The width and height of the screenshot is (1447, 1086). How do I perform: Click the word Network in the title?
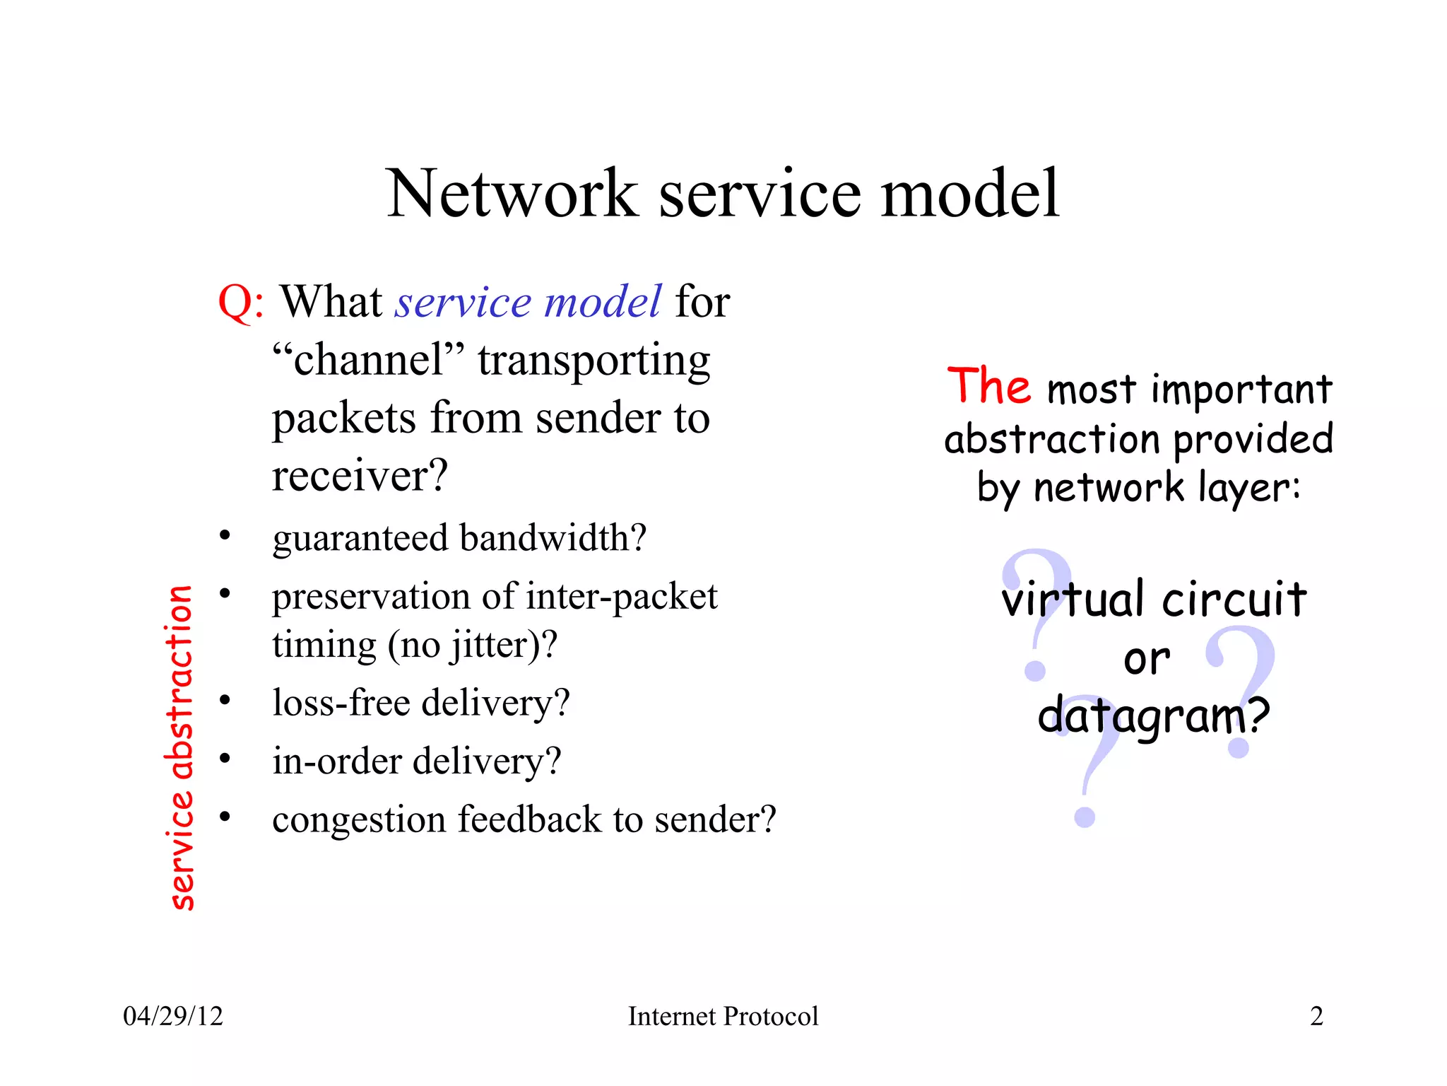coord(512,194)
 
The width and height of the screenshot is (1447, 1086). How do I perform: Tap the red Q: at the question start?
coord(241,303)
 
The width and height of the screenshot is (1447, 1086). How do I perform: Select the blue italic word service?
coord(462,303)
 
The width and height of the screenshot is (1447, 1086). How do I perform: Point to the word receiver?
coord(360,475)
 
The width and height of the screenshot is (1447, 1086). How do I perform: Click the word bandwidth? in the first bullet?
coord(553,538)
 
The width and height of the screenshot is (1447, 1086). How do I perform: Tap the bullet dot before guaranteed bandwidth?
coord(225,535)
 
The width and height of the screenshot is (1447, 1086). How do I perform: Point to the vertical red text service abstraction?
coord(181,747)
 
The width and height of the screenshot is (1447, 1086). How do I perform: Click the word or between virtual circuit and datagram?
coord(1146,660)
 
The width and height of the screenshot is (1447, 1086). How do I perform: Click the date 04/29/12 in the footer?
coord(173,1017)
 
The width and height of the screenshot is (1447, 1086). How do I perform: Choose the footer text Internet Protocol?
coord(723,1017)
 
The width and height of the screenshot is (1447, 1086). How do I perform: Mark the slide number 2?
coord(1316,1017)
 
